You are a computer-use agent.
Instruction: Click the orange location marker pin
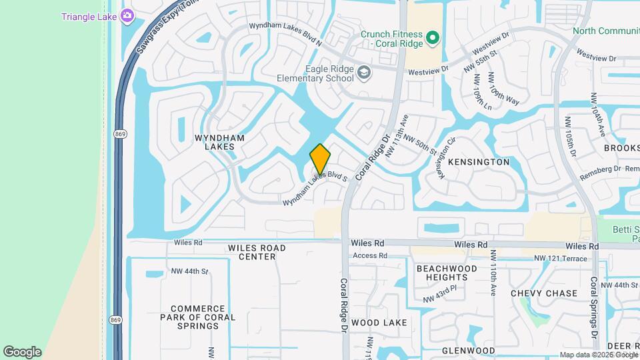[x=320, y=159]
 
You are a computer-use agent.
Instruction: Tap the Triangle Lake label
[x=88, y=17]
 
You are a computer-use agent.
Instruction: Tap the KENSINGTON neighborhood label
[x=479, y=162]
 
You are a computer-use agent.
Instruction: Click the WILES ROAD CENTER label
[x=257, y=252]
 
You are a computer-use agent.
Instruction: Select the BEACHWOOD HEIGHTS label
[x=447, y=273]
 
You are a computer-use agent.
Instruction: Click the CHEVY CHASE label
[x=544, y=293]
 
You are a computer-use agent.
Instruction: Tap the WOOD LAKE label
[x=379, y=323]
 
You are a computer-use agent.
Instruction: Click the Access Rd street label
[x=370, y=255]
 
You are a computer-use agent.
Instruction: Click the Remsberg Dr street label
[x=600, y=169]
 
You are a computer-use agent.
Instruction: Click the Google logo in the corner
[x=22, y=352]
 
